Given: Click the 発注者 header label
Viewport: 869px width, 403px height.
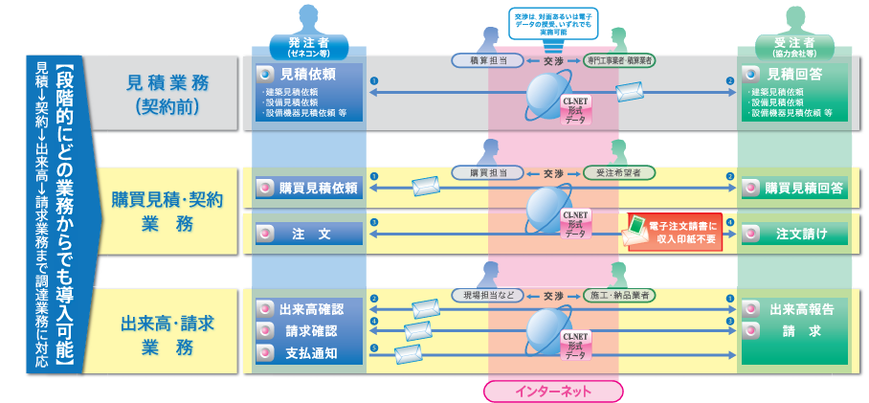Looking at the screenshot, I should point(308,45).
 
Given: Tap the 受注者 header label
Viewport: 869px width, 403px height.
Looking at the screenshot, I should point(793,45).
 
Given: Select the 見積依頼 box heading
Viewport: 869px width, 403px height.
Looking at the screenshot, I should point(308,73).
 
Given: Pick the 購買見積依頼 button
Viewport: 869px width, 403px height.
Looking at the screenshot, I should point(308,189).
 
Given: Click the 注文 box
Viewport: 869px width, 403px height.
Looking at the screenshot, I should point(308,234).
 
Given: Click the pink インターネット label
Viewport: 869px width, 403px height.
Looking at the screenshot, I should point(553,391).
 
